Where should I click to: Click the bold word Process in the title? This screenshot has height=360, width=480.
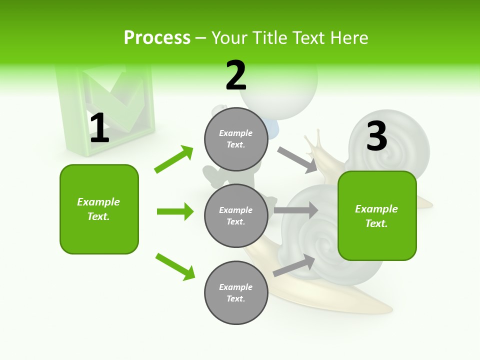[157, 38]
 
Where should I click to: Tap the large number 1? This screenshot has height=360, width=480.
[99, 128]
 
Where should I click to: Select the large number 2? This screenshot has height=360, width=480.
[236, 75]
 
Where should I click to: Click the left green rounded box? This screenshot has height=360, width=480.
[99, 209]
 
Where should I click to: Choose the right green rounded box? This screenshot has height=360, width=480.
[377, 215]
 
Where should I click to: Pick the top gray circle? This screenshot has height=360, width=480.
[236, 139]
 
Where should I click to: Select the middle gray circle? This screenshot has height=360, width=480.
[236, 215]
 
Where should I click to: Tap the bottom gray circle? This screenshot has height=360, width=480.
[236, 292]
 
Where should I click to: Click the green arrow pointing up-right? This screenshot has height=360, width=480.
[174, 159]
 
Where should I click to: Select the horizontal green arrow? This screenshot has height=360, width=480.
[175, 211]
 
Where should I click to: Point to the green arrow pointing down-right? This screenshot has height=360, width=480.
[175, 266]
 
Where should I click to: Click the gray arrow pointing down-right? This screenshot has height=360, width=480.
[297, 159]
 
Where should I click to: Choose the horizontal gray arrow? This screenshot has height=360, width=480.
[296, 210]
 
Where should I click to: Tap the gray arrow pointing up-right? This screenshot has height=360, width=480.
[294, 265]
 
